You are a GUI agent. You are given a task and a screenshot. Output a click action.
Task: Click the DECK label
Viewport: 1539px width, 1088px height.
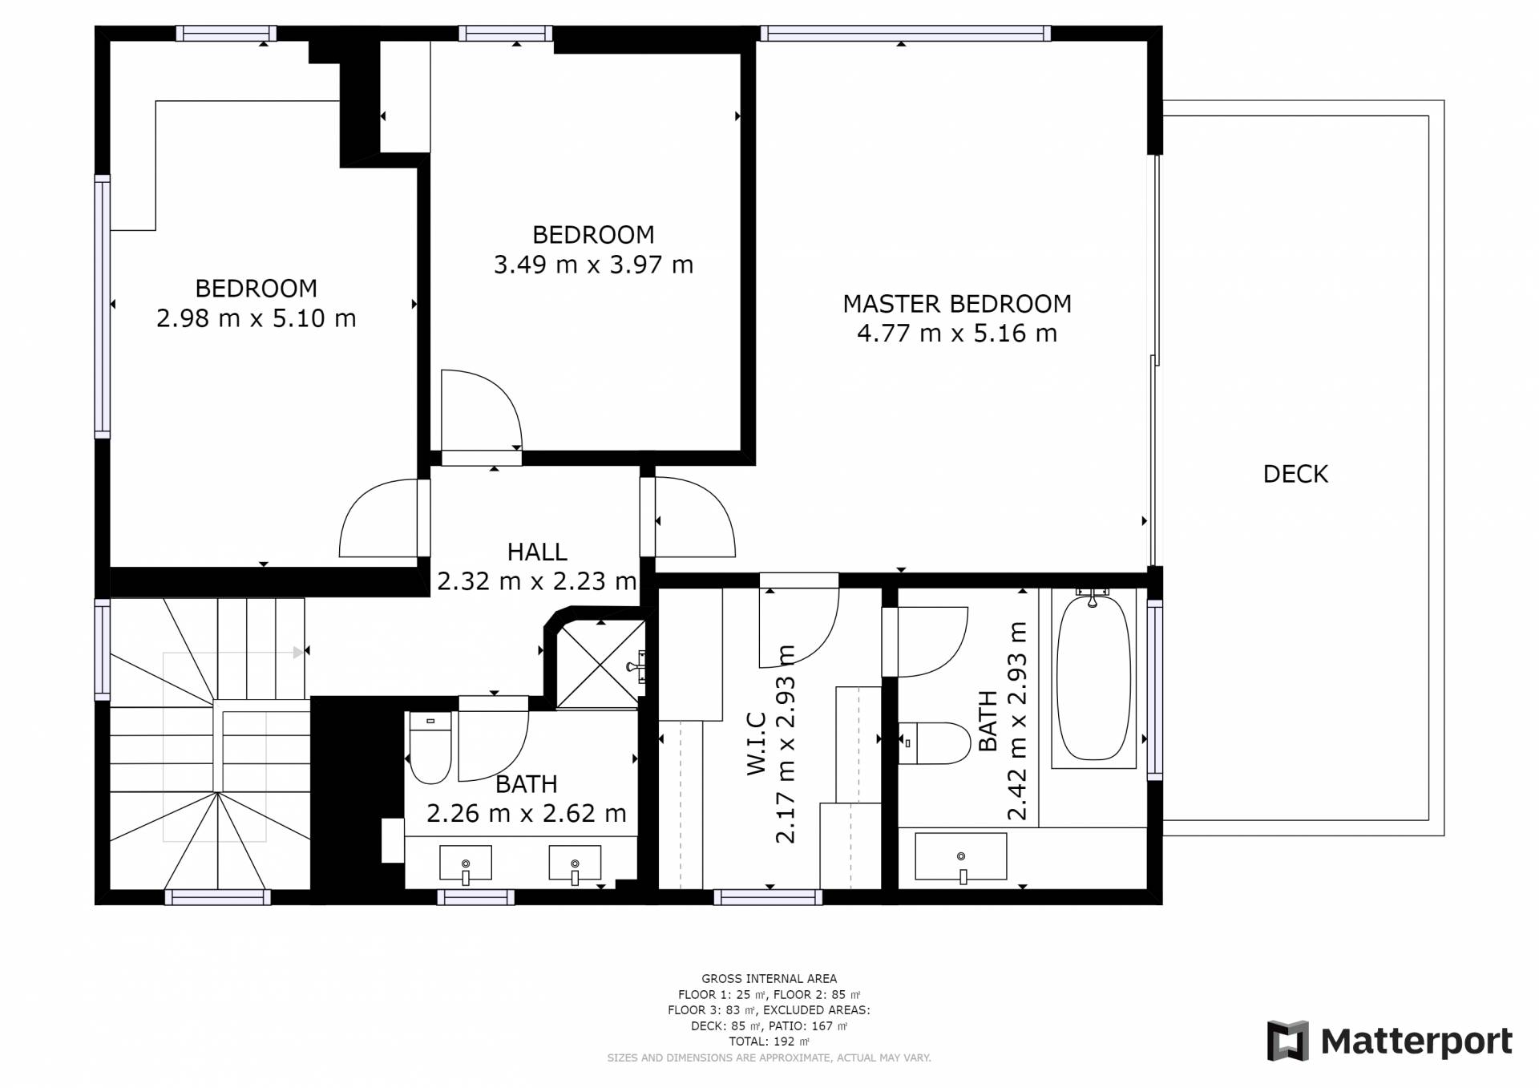[1295, 474]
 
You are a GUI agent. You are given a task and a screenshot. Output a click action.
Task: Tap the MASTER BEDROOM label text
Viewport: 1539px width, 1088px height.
[957, 304]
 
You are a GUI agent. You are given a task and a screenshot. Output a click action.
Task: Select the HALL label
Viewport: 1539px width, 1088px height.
[537, 552]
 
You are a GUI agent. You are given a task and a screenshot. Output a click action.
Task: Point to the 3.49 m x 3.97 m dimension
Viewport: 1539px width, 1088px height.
[593, 265]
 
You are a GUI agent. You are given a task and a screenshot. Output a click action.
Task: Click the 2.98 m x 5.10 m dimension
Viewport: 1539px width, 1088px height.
[256, 318]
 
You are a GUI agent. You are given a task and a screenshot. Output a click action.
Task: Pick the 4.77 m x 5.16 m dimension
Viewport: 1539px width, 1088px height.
[957, 334]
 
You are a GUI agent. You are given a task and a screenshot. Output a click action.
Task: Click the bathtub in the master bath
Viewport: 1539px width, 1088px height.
[1093, 677]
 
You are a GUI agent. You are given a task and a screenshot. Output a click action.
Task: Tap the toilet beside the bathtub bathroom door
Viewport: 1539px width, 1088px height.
[935, 743]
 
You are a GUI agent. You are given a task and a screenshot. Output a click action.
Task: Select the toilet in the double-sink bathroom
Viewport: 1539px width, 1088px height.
[430, 747]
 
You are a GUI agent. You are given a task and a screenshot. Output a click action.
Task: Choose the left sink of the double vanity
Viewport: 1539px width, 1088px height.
[466, 864]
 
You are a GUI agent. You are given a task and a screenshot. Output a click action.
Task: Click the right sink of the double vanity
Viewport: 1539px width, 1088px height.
[575, 864]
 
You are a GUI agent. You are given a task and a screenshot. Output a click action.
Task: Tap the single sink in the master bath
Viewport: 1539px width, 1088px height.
[961, 857]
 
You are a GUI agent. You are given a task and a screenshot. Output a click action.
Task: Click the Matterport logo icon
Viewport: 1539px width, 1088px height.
[1287, 1041]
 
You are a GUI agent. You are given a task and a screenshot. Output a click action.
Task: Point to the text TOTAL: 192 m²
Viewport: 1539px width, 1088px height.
[769, 1041]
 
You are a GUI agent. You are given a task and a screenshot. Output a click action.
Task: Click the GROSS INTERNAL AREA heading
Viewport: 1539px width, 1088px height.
[769, 979]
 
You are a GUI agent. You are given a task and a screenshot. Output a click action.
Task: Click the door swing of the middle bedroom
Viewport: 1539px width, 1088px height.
[482, 410]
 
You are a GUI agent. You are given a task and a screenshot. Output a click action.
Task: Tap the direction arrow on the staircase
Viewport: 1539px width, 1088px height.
[298, 653]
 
